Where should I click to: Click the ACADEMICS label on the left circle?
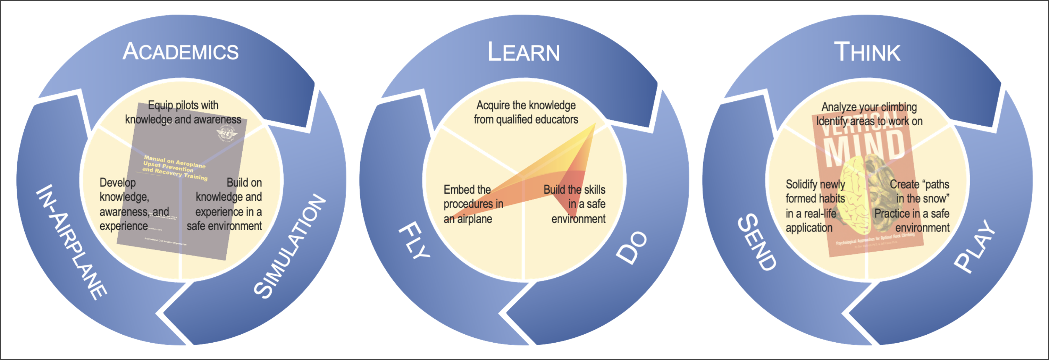(181, 52)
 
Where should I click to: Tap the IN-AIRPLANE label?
(72, 242)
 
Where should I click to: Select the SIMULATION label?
(289, 246)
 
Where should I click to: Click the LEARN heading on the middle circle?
(524, 52)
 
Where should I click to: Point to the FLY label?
(414, 241)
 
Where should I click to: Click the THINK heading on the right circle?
(867, 52)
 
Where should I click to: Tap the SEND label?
(757, 242)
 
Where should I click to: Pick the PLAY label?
(975, 246)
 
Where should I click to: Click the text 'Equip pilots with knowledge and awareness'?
(183, 112)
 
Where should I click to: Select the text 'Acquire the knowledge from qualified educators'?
(526, 112)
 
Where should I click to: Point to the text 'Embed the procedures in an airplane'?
(473, 204)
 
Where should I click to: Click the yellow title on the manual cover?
(175, 167)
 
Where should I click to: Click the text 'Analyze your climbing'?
(869, 107)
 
